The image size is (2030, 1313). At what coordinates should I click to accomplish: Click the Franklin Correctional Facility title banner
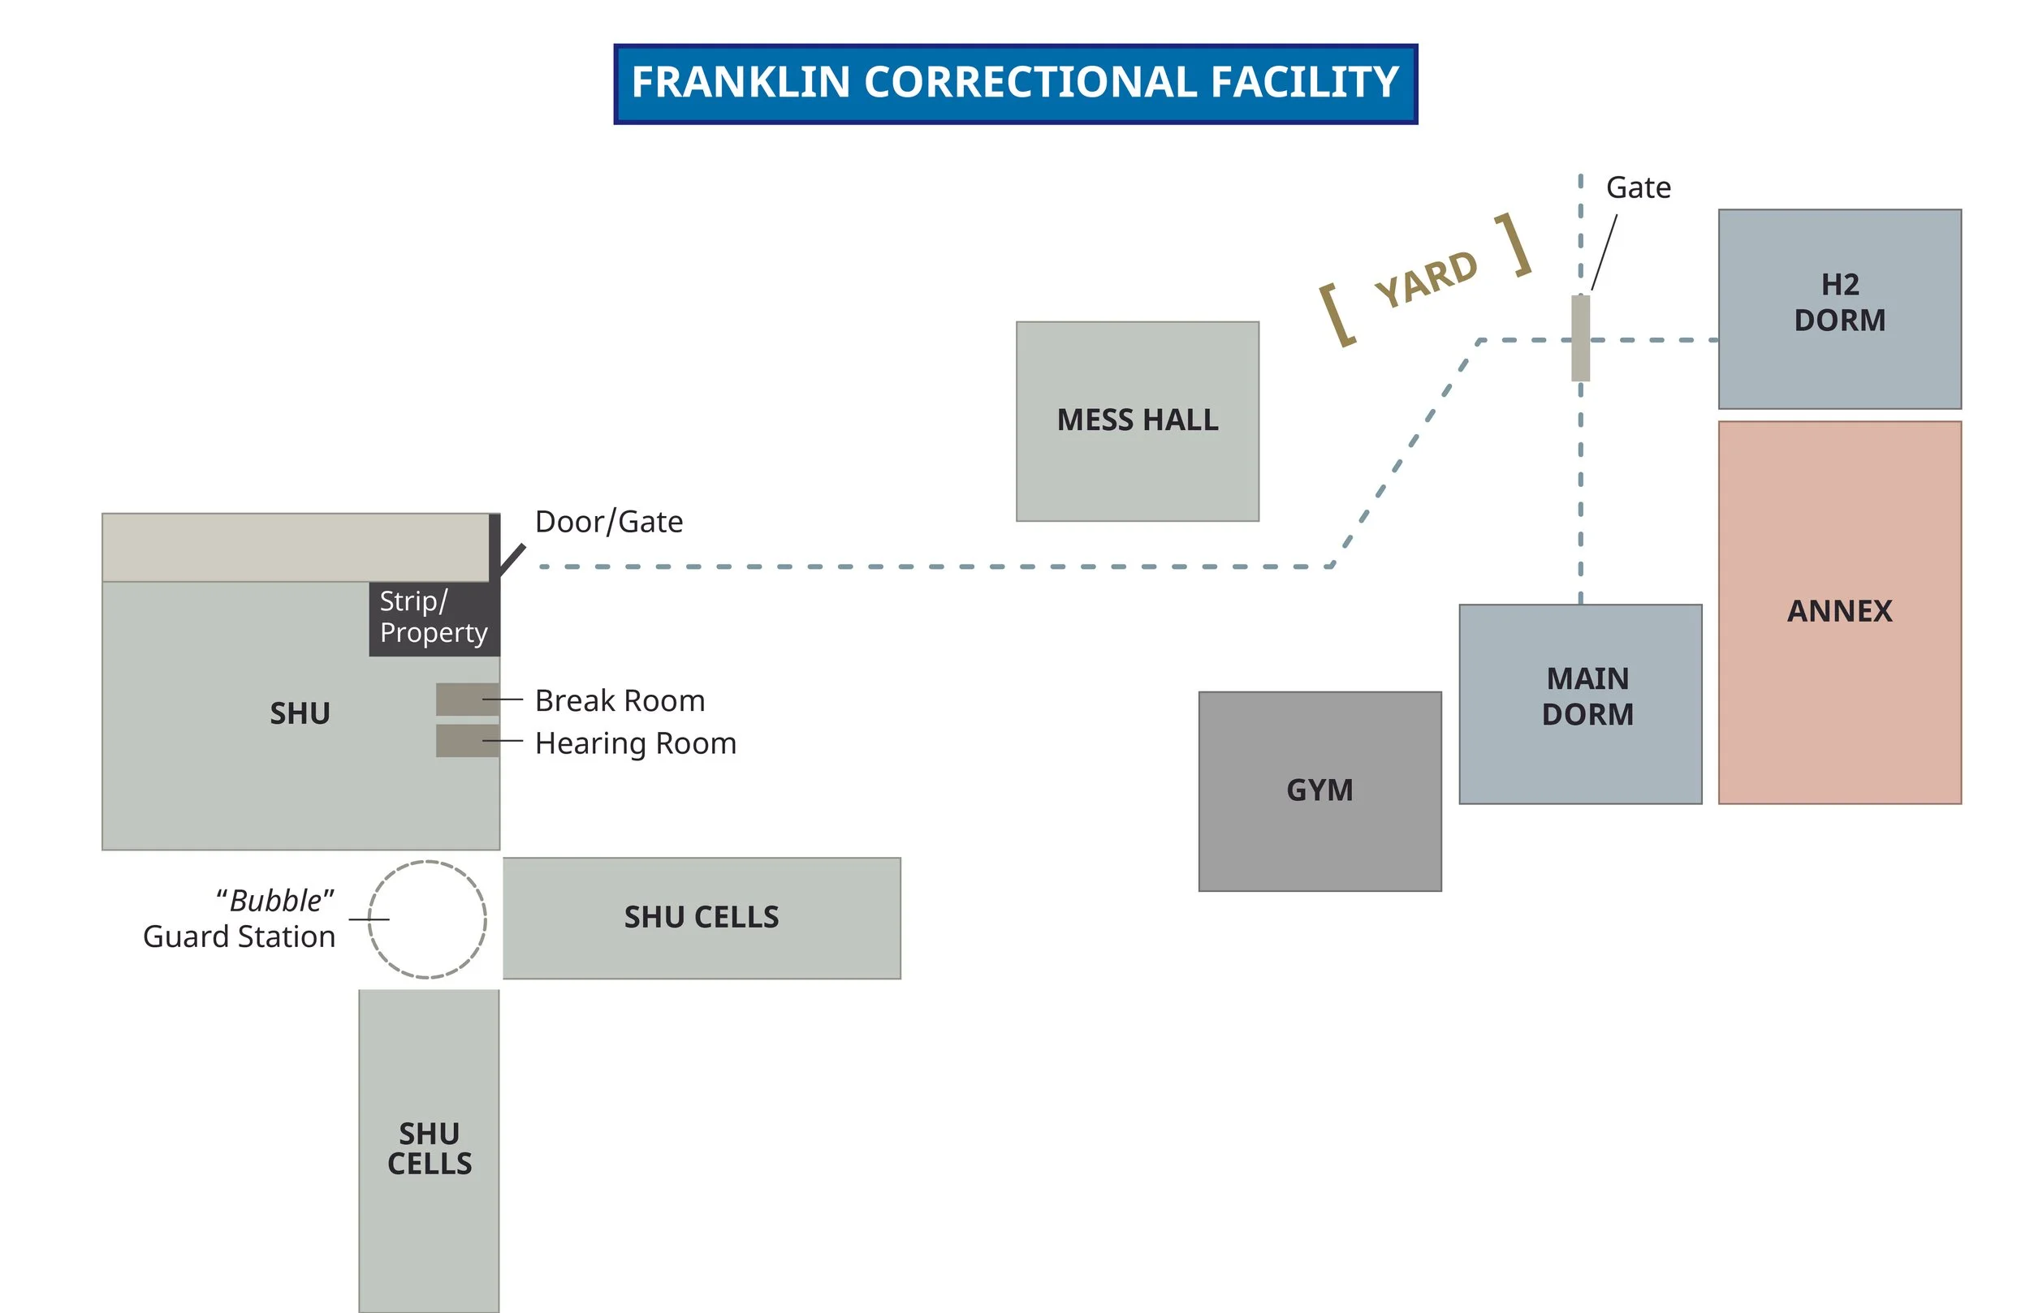[x=1015, y=84]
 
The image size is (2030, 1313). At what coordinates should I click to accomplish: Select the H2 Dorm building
[x=1839, y=308]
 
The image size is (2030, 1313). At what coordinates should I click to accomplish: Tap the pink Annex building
[x=1839, y=612]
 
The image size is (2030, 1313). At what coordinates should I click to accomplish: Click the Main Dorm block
[x=1579, y=704]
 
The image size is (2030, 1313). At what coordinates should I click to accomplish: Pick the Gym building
[x=1319, y=791]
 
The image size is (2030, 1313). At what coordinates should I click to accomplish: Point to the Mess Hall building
[x=1137, y=421]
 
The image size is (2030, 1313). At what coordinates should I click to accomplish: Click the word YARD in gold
[x=1426, y=280]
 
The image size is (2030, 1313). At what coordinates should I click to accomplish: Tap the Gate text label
[x=1638, y=187]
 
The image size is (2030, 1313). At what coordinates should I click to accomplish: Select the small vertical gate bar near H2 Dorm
[x=1580, y=338]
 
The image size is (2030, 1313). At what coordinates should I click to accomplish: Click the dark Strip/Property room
[x=434, y=619]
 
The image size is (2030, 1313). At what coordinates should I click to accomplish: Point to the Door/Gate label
[x=608, y=522]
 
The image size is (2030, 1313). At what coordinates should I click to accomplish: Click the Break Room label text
[x=620, y=701]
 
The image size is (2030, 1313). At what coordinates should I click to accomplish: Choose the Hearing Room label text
[x=636, y=743]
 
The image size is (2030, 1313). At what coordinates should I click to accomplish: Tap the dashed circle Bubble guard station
[x=427, y=919]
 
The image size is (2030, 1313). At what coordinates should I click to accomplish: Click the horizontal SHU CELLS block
[x=701, y=917]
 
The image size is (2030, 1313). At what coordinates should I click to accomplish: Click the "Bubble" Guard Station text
[x=240, y=919]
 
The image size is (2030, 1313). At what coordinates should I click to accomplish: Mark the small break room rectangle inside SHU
[x=467, y=700]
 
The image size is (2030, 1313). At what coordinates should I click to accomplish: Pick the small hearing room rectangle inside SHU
[x=467, y=741]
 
